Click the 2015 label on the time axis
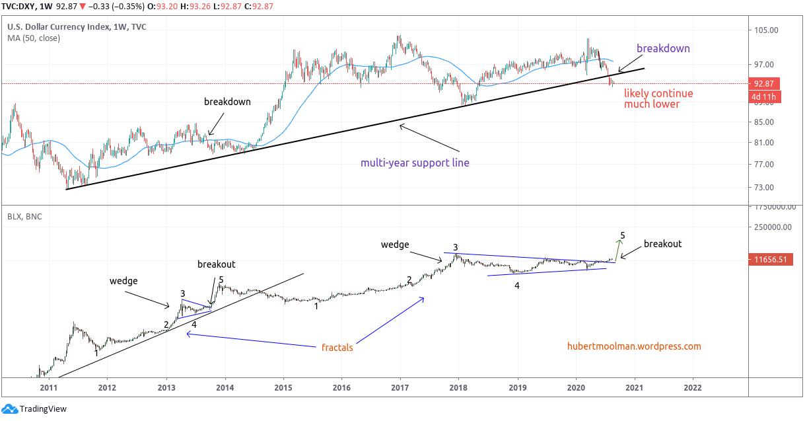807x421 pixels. tap(283, 388)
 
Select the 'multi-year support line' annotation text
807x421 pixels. tap(415, 163)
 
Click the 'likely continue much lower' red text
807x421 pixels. tap(658, 98)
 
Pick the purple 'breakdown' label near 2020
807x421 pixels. tap(663, 48)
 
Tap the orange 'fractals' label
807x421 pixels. tap(337, 347)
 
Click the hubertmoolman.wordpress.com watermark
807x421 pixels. tap(634, 346)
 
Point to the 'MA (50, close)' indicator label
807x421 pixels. tap(34, 38)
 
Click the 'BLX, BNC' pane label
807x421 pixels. tap(24, 216)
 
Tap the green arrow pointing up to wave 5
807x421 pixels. tap(618, 249)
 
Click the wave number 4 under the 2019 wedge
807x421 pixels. tap(517, 286)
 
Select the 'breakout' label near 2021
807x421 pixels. tap(662, 244)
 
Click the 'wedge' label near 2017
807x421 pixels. tap(395, 245)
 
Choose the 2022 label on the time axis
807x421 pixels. tap(693, 388)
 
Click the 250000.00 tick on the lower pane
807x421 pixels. tap(771, 227)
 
